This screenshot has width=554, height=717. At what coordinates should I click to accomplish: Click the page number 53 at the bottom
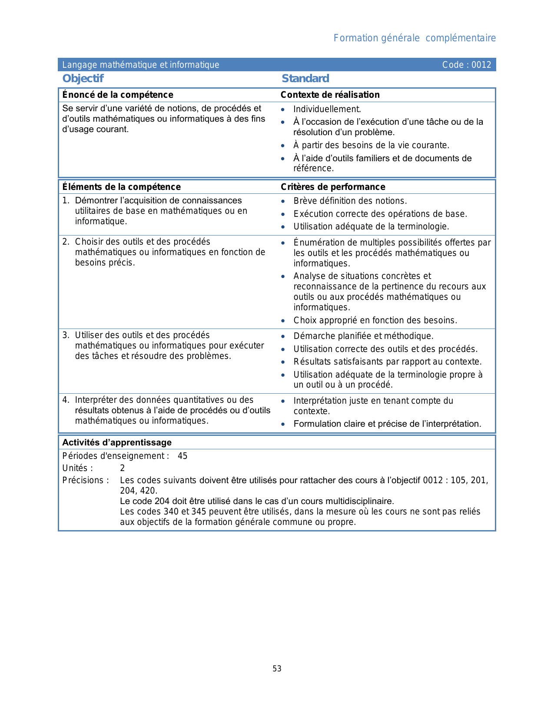coord(277,669)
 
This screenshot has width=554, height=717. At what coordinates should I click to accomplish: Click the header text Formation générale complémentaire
coord(415,38)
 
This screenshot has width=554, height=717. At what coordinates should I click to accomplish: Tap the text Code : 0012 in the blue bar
coord(466,65)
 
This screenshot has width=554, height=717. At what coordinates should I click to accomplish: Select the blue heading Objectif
coord(83,79)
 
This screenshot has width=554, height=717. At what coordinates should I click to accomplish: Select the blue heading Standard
coord(305,79)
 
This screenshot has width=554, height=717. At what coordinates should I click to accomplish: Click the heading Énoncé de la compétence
coord(118,95)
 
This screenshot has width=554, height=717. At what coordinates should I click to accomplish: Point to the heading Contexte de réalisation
coord(330,95)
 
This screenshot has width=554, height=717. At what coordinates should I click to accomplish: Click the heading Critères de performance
coord(333,187)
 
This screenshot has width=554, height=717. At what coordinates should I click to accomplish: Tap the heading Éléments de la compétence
coord(121,187)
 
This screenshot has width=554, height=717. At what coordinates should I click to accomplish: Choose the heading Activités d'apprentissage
coord(117,442)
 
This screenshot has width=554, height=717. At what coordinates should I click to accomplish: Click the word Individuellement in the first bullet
coord(327,109)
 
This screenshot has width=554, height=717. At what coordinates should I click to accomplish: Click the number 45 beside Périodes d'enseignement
coord(182,456)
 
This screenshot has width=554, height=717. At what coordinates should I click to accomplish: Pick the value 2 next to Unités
coord(123,468)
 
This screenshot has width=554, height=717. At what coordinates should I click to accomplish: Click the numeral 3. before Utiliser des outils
coord(66,335)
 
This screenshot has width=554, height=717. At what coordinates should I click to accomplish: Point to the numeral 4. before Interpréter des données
coord(66,400)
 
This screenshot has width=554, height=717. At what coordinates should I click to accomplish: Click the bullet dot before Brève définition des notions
coord(283,201)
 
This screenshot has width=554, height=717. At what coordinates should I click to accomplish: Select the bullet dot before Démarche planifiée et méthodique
coord(283,336)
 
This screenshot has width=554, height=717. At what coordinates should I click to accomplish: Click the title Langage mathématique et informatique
coord(141,65)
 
